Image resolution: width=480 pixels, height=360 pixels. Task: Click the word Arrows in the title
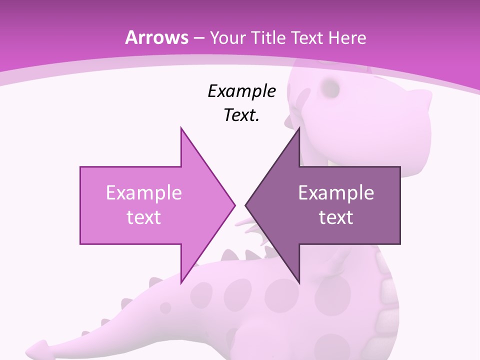[x=156, y=37]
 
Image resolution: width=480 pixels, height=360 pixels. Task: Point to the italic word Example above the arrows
[x=241, y=91]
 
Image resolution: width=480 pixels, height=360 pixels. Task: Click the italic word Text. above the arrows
[x=241, y=115]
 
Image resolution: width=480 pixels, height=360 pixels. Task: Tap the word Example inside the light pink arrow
[x=143, y=192]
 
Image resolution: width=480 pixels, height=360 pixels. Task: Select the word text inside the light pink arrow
[x=143, y=217]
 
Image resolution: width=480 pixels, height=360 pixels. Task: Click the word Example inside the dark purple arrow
[x=336, y=192]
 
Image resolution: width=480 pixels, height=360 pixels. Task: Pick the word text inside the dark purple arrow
[x=336, y=217]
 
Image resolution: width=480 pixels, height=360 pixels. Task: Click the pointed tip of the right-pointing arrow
[x=234, y=204]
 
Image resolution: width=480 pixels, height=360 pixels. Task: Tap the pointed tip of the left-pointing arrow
[x=246, y=204]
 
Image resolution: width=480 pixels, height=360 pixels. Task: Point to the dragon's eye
[x=330, y=88]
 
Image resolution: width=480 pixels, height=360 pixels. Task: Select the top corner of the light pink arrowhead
[x=181, y=128]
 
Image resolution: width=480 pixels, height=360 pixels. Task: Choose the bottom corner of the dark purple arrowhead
[x=299, y=282]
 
